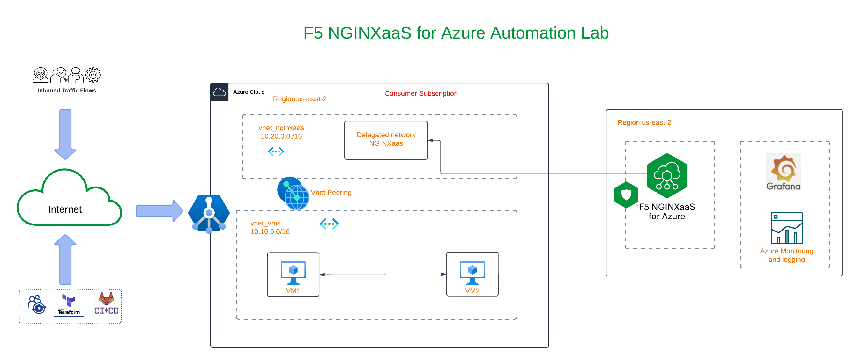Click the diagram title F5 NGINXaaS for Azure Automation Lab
456,33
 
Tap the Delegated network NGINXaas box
386,140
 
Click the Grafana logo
783,172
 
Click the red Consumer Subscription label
421,93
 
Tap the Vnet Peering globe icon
294,194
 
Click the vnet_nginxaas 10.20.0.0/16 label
281,132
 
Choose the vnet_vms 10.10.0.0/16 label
270,228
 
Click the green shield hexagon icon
626,195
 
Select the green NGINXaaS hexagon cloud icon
667,175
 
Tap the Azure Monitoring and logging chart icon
787,228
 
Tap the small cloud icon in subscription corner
219,92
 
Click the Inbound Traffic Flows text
67,90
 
